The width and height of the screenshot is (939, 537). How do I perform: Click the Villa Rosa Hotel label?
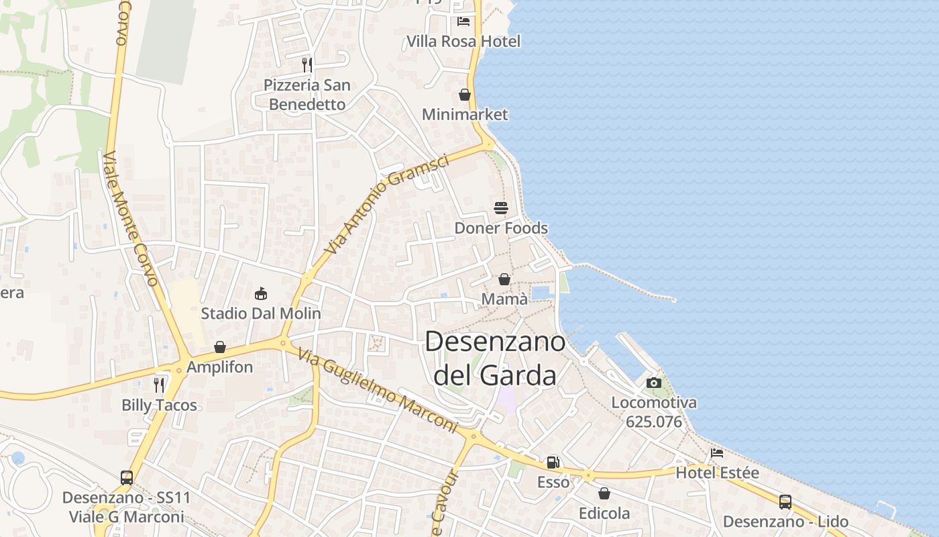coord(463,42)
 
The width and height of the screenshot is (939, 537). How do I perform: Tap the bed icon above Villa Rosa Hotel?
coord(463,21)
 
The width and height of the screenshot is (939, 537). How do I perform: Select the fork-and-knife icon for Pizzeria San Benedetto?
coord(307,65)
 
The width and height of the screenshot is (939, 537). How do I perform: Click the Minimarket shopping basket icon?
coord(465,95)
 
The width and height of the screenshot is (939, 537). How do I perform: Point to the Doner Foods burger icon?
coord(501,208)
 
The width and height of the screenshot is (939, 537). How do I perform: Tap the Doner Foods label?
coord(501,228)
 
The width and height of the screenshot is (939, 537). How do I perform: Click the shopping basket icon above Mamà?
coord(504,279)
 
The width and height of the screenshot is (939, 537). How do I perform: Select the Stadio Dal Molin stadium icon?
coord(261,293)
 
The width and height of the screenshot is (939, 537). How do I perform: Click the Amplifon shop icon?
coord(220,347)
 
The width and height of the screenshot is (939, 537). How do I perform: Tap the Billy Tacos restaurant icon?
coord(159,385)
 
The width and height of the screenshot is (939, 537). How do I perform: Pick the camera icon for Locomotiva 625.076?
coord(654,383)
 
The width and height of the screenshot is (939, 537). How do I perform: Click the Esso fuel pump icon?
coord(553,462)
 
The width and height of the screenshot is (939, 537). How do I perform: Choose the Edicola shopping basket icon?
coord(604,493)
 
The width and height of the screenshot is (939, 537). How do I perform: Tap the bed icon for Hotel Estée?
coord(717,453)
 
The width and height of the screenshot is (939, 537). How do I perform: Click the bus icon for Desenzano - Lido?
coord(785,501)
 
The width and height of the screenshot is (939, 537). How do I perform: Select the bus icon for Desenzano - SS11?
coord(127,478)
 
